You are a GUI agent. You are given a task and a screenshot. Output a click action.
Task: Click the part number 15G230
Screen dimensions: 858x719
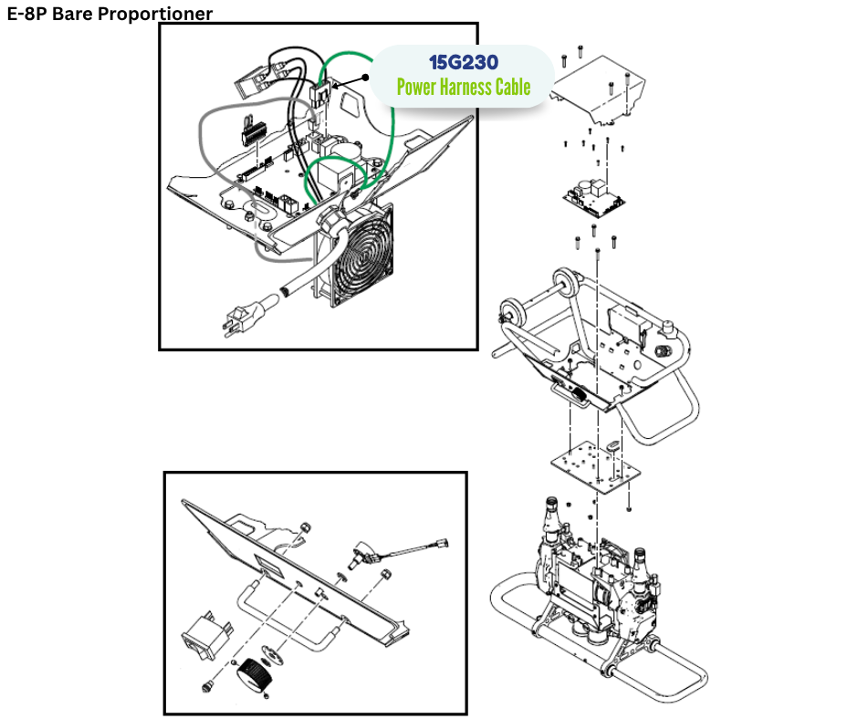pyautogui.click(x=464, y=62)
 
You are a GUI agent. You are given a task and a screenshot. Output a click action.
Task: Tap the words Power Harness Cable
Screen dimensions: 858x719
pyautogui.click(x=464, y=87)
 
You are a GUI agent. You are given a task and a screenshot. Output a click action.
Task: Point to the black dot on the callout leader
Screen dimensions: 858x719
pyautogui.click(x=365, y=78)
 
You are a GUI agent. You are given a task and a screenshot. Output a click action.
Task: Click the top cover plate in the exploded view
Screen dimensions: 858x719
pyautogui.click(x=599, y=90)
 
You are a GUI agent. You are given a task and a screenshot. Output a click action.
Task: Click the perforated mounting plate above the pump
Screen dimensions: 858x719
pyautogui.click(x=595, y=467)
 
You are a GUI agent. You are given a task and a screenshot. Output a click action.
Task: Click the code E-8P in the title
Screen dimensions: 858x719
pyautogui.click(x=26, y=13)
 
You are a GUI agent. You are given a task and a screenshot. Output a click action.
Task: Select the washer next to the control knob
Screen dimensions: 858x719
pyautogui.click(x=270, y=652)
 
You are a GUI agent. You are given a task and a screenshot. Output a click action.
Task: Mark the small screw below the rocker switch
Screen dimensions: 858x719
pyautogui.click(x=207, y=686)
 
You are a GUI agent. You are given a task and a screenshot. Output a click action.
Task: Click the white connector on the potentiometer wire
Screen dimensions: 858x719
pyautogui.click(x=441, y=544)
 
